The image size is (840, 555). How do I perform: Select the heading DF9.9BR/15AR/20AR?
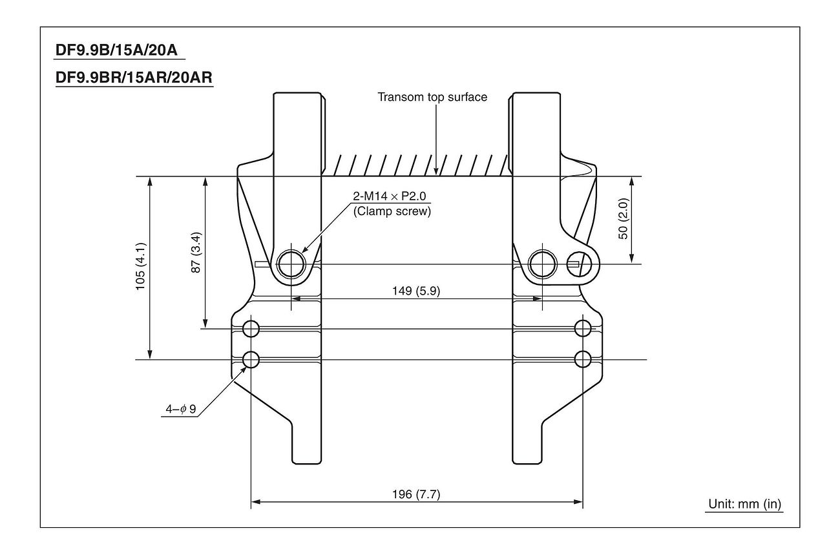pos(134,78)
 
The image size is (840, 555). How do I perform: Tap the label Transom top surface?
pos(432,98)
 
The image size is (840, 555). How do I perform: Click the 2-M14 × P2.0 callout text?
pos(392,198)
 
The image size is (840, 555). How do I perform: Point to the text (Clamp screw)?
pos(392,211)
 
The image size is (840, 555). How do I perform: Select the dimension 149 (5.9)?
pos(416,291)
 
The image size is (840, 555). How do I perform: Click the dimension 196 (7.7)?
pos(416,494)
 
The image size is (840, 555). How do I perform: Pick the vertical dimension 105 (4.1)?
pos(140,267)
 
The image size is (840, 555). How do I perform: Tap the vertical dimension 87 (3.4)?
pos(196,251)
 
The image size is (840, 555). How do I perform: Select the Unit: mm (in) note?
pos(744,504)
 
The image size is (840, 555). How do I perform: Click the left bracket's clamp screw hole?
pos(291,264)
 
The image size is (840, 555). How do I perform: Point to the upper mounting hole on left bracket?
pos(251,329)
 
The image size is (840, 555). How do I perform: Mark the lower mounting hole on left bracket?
pos(251,359)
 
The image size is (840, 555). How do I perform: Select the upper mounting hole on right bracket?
pos(582,329)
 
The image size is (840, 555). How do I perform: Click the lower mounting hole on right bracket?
pos(582,359)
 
